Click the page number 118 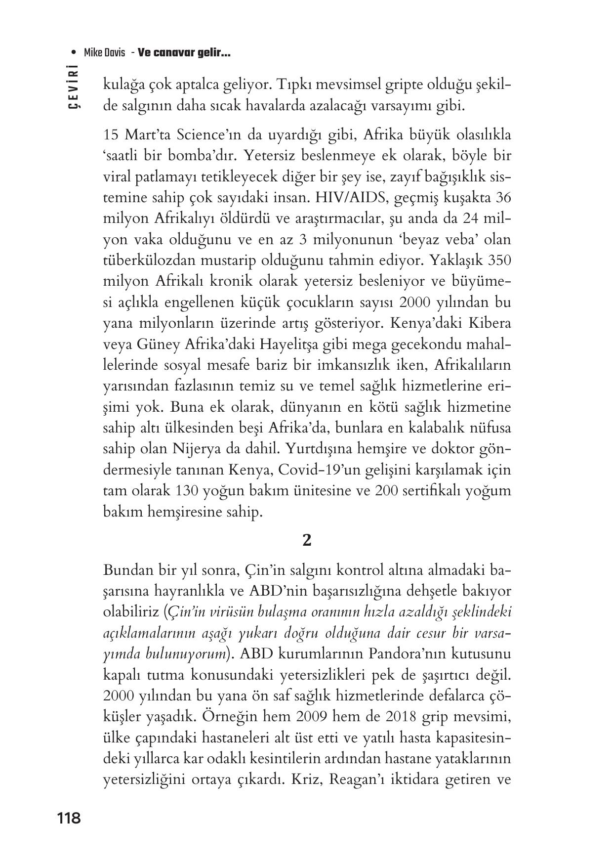pos(69,818)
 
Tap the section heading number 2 pos(306,541)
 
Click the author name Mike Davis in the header pos(104,53)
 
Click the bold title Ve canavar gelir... pos(184,53)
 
